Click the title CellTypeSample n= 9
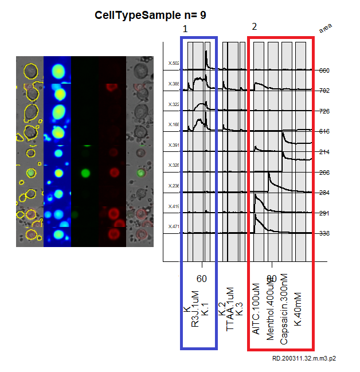(151, 15)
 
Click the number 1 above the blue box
(185, 29)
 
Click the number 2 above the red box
(255, 26)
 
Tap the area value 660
(324, 71)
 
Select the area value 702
(324, 91)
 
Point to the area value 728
(324, 111)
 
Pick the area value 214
(324, 152)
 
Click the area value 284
(324, 193)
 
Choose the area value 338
(324, 234)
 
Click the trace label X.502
(174, 63)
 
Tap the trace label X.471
(174, 226)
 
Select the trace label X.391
(174, 145)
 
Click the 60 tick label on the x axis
(202, 279)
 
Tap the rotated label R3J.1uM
(196, 310)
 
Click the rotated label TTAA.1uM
(230, 310)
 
